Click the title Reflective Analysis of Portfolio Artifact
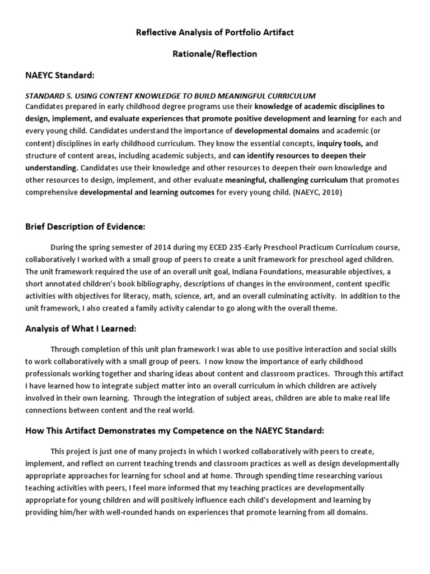pos(215,33)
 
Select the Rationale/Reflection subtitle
pos(215,54)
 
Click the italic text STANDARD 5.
pos(49,96)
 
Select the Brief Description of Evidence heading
pos(85,226)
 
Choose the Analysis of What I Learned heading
pos(80,328)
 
